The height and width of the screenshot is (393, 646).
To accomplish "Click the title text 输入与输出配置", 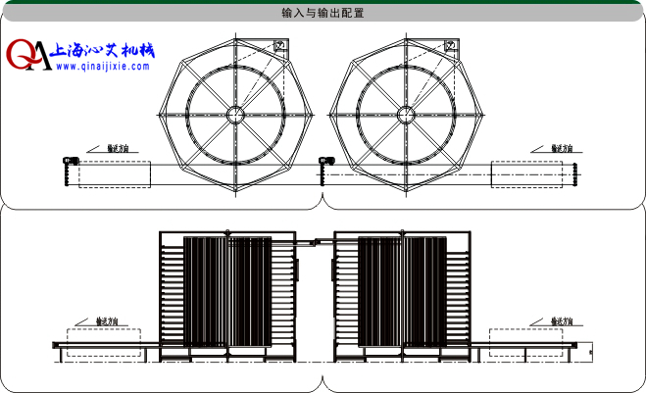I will [x=323, y=14].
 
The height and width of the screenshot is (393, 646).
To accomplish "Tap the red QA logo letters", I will [x=28, y=56].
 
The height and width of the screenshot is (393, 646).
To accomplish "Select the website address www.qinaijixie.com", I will [x=102, y=68].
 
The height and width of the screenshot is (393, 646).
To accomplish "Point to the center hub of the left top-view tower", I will [x=235, y=115].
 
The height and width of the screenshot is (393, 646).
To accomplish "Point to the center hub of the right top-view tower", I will [x=407, y=115].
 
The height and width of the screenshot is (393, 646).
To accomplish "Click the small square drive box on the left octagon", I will [x=279, y=46].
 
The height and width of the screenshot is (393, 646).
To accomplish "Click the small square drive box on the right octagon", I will [x=451, y=46].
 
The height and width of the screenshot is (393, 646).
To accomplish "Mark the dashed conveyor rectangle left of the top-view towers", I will [x=114, y=174].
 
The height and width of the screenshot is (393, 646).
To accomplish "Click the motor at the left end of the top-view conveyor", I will [x=68, y=160].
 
